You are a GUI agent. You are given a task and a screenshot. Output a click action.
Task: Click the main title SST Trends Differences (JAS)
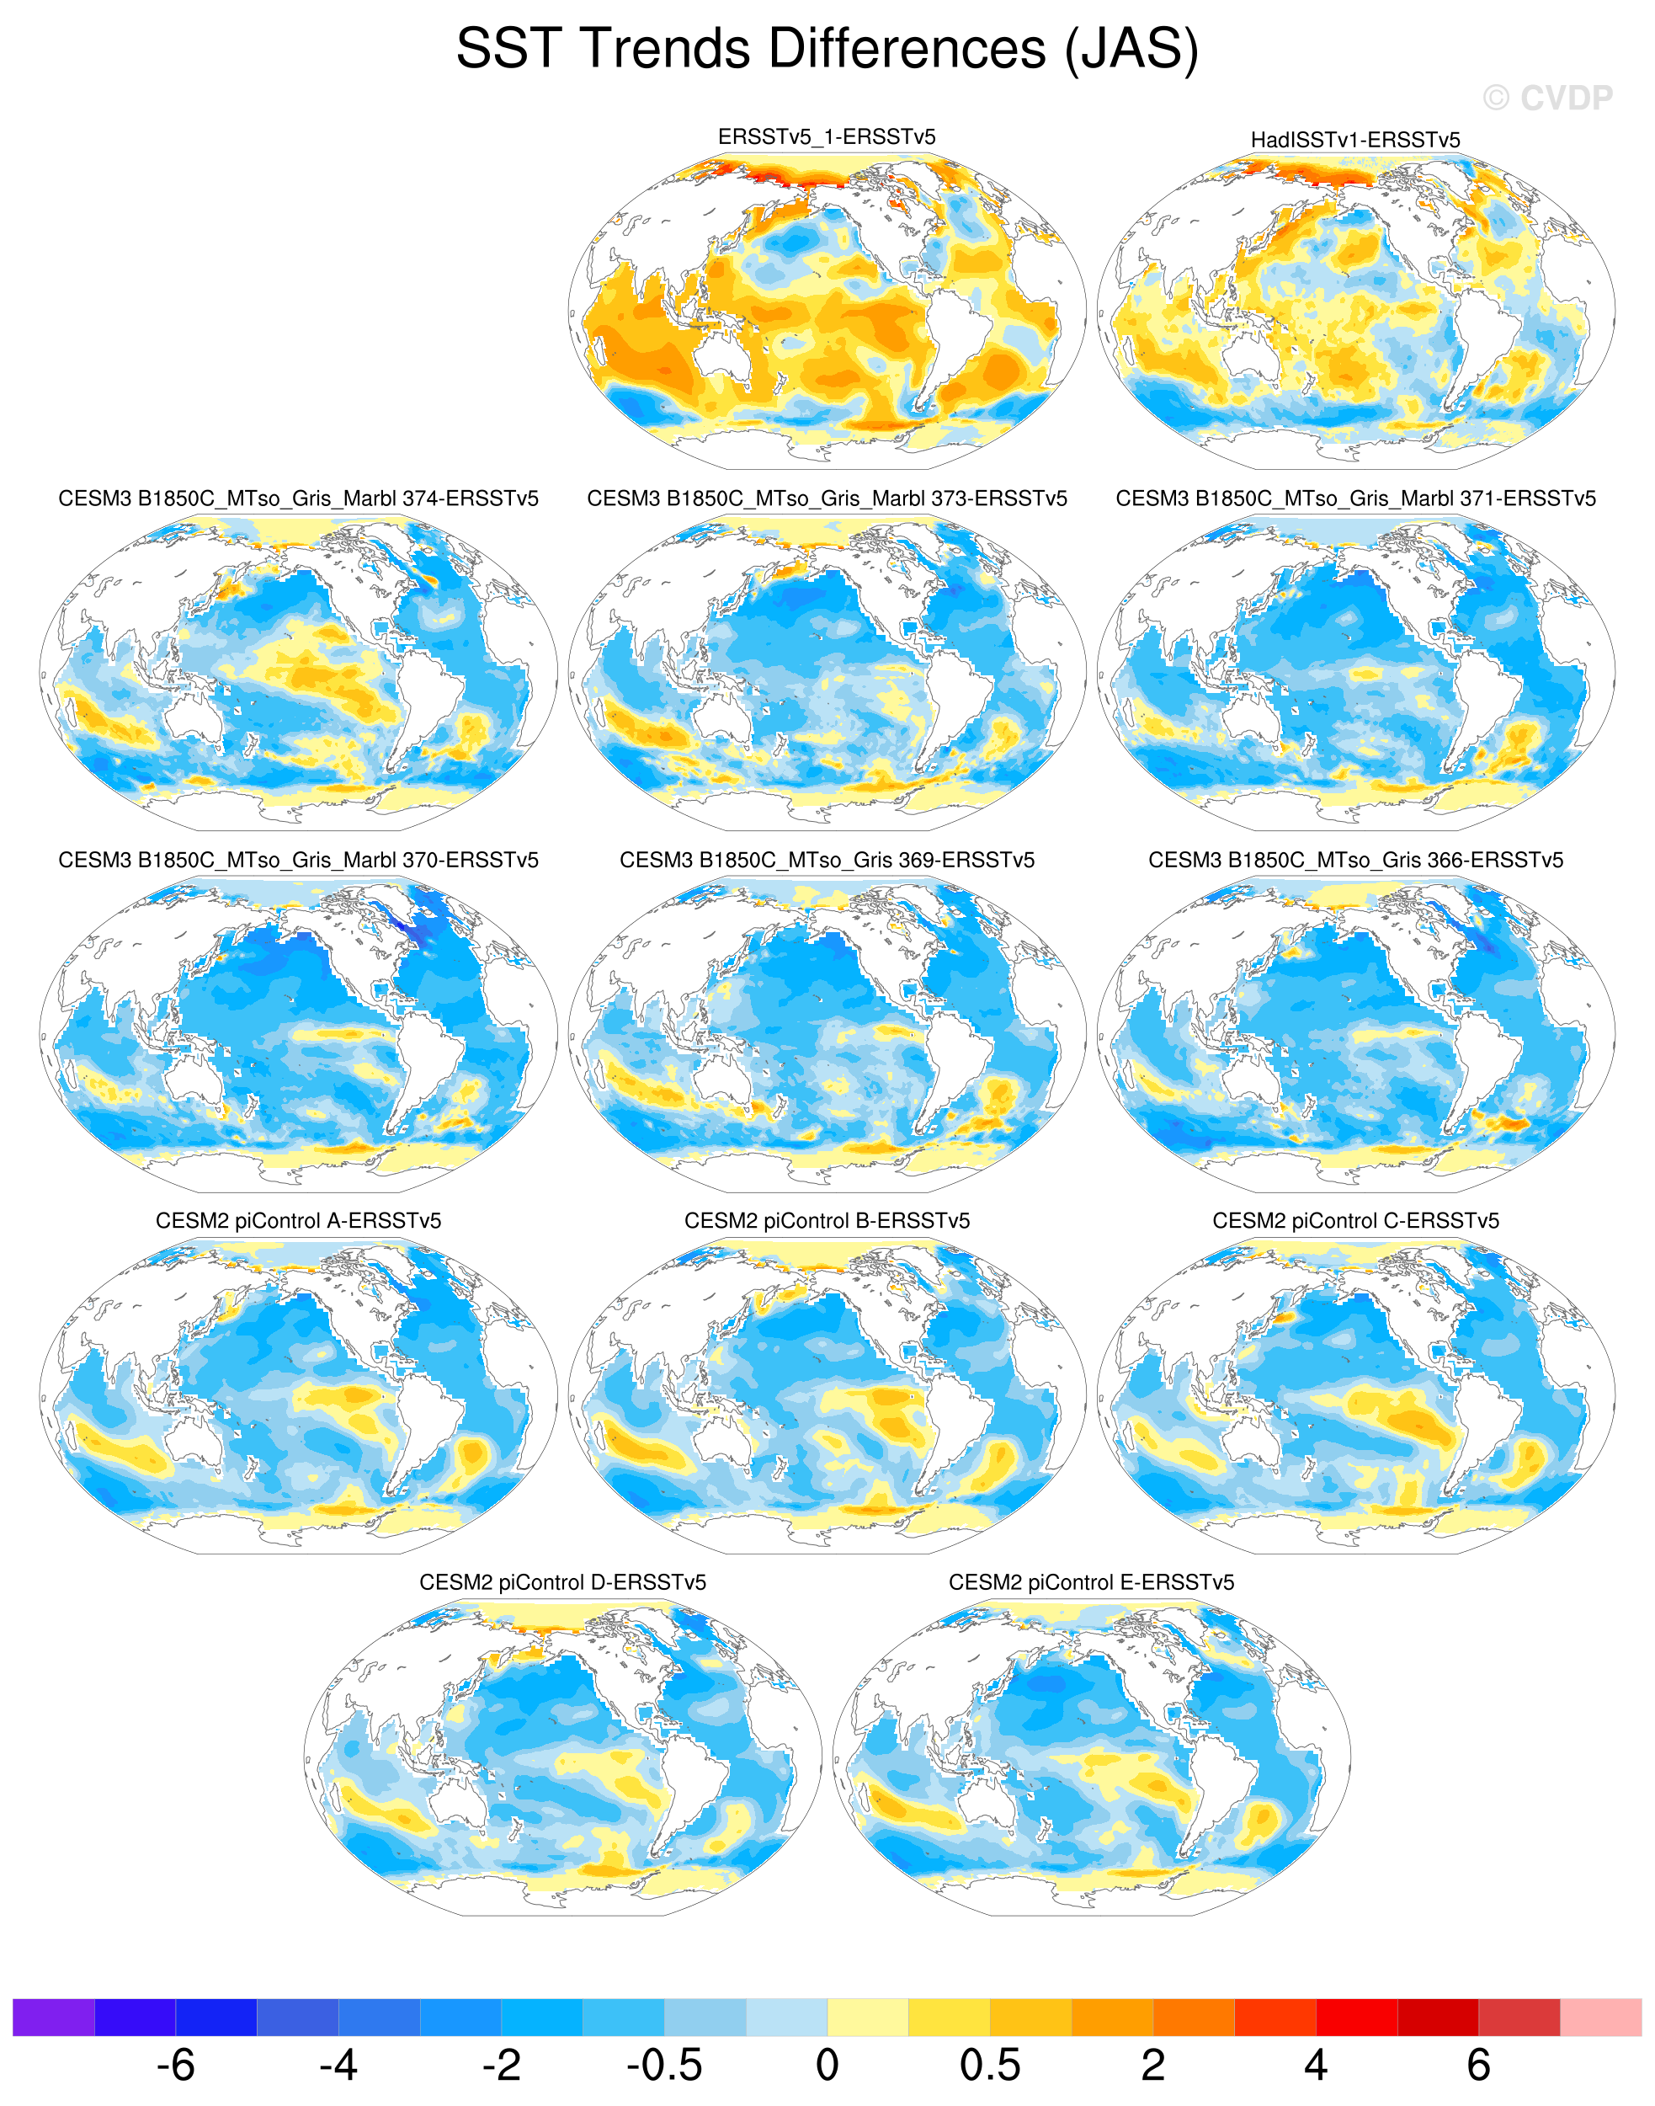click(x=827, y=49)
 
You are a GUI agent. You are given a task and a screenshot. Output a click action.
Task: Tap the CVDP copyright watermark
click(x=1547, y=98)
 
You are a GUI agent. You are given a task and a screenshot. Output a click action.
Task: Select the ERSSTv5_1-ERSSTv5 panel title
click(x=827, y=136)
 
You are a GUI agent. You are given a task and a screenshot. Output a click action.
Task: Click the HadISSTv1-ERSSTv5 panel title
click(x=1354, y=140)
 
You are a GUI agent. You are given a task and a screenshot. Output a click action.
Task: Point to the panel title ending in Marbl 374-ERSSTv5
click(x=299, y=499)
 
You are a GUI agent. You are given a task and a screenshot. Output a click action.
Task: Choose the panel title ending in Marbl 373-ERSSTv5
click(x=827, y=499)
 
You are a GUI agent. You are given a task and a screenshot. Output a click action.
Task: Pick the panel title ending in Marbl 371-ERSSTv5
click(x=1354, y=499)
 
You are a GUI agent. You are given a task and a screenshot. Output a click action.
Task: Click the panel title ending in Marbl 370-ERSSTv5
click(x=299, y=860)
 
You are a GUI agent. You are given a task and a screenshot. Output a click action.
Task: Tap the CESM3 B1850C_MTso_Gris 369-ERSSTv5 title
click(x=827, y=860)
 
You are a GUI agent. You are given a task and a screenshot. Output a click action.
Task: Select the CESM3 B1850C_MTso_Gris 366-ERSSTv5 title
click(x=1354, y=860)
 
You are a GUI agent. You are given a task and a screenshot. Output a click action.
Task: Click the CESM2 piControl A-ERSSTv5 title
click(x=299, y=1220)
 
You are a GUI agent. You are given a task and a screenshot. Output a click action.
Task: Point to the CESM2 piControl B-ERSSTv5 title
click(x=827, y=1220)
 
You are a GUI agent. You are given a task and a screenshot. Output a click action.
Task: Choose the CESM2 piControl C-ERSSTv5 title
click(x=1354, y=1220)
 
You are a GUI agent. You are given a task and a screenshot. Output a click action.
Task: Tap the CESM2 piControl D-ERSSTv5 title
click(x=562, y=1581)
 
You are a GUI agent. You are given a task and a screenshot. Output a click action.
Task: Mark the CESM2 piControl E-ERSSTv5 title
click(x=1091, y=1581)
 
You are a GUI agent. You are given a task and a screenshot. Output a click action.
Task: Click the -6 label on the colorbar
click(x=175, y=2066)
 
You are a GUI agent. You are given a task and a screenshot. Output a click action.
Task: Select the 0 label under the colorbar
click(x=827, y=2066)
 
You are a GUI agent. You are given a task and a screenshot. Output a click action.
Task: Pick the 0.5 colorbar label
click(x=989, y=2066)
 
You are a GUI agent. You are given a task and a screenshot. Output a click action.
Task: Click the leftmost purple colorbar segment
click(x=53, y=2017)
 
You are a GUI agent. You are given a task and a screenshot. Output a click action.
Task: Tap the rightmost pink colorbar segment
click(x=1601, y=2017)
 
